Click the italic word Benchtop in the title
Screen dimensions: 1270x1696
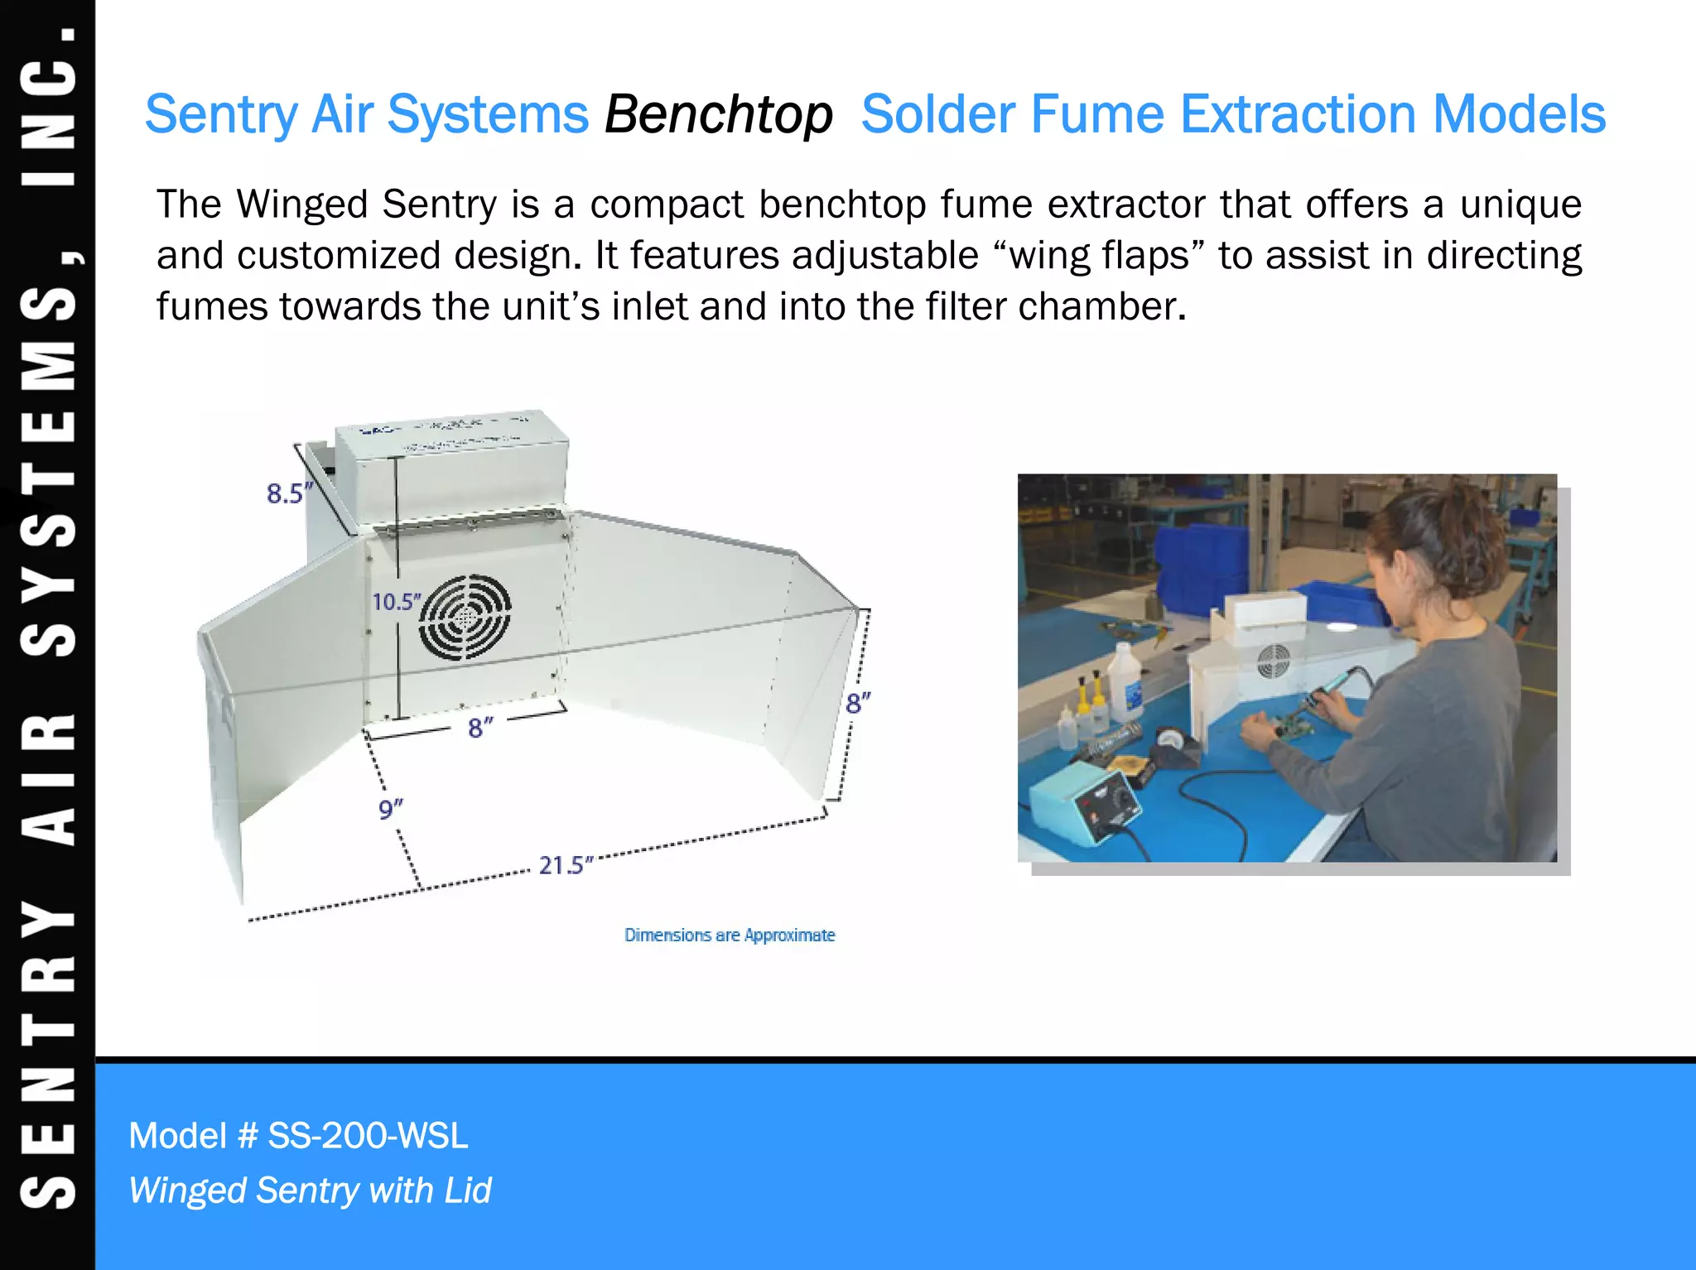click(x=718, y=114)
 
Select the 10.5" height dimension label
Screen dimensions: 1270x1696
click(x=396, y=602)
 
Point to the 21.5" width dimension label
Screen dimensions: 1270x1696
click(x=566, y=866)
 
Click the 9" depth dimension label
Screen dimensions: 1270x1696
click(x=390, y=809)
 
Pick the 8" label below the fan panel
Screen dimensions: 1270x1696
click(x=480, y=728)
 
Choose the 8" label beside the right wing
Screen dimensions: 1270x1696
click(x=858, y=704)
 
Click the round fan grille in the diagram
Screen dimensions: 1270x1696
click(x=465, y=617)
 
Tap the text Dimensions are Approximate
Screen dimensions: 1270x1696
click(x=730, y=936)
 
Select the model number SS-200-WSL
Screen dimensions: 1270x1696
click(x=368, y=1136)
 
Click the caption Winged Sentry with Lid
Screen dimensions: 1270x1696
click(x=311, y=1191)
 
